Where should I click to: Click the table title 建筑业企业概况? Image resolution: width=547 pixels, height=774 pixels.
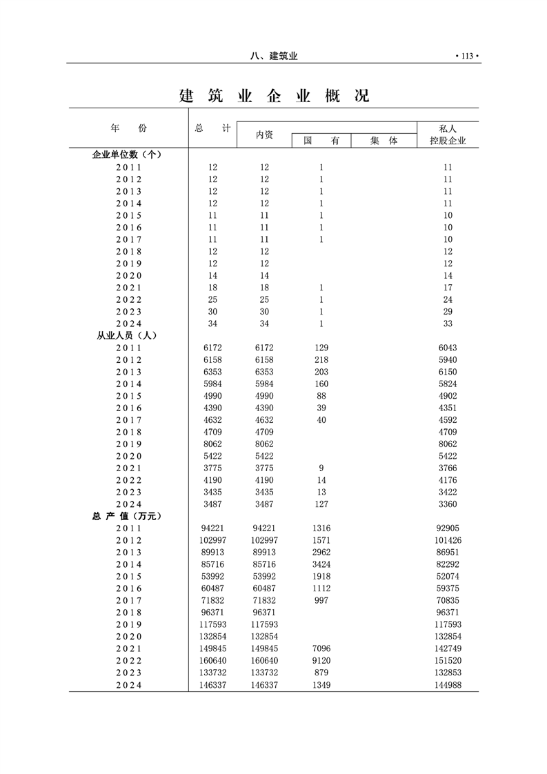click(x=274, y=96)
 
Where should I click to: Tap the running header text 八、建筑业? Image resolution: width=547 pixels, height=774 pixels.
click(x=274, y=56)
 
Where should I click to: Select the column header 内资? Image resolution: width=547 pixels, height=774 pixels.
click(x=264, y=135)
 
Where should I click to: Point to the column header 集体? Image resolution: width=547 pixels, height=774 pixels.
click(x=384, y=141)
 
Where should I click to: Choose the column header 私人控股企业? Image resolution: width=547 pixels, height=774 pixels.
click(x=448, y=135)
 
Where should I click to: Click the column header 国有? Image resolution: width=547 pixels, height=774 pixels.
click(x=321, y=141)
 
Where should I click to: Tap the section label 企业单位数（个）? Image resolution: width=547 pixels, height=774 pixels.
click(x=127, y=155)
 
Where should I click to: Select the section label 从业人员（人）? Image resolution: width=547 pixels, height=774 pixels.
click(x=127, y=335)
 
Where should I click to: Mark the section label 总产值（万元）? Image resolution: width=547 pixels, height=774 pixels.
click(x=127, y=516)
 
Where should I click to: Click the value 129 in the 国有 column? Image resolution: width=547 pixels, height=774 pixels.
click(x=321, y=348)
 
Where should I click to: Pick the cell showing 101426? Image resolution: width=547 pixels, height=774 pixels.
click(x=448, y=540)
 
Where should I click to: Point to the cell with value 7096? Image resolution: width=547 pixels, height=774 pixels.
click(x=321, y=648)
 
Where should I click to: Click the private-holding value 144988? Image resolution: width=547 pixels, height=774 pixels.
click(x=448, y=685)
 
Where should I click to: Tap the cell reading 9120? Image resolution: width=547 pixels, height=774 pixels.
click(x=321, y=661)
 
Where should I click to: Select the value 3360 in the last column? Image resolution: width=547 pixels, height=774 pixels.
click(x=448, y=504)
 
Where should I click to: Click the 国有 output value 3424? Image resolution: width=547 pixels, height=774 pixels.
click(x=321, y=564)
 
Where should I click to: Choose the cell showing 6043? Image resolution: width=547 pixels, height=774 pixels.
click(x=448, y=348)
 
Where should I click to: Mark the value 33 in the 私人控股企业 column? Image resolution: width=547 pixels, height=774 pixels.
click(x=448, y=324)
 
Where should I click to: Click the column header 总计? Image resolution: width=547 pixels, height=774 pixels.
click(x=212, y=128)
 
